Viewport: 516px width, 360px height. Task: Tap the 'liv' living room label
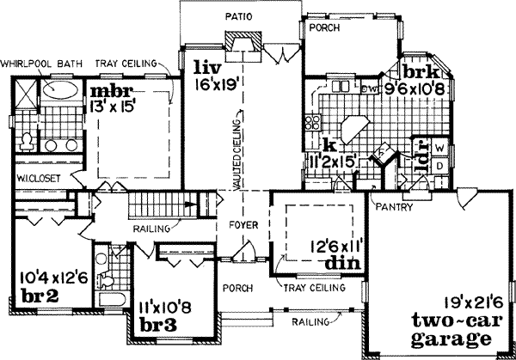[x=203, y=67]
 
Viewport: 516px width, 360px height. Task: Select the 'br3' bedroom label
[x=157, y=326]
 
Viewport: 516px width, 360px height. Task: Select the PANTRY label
[x=400, y=207]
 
